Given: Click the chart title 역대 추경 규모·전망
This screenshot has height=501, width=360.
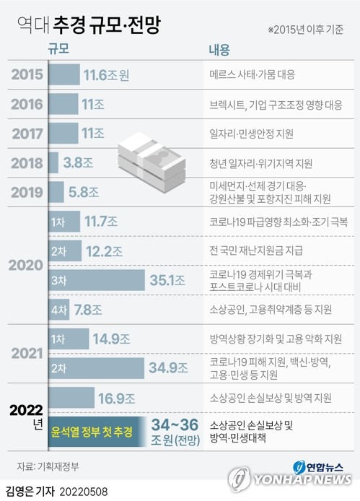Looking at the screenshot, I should (x=89, y=24).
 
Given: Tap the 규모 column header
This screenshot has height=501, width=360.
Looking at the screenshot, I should (x=60, y=50).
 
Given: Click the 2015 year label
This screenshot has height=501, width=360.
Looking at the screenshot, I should (x=27, y=74).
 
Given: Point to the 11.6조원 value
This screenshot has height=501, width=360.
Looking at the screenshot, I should (x=106, y=74).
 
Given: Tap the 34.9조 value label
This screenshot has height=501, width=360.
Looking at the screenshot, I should (x=167, y=367).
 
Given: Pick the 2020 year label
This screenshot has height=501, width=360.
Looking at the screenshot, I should (x=27, y=264).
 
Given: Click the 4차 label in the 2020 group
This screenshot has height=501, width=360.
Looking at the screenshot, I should (x=59, y=309).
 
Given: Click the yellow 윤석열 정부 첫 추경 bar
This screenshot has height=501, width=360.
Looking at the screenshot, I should (x=92, y=432).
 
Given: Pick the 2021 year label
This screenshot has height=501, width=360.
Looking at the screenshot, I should (x=27, y=352).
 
